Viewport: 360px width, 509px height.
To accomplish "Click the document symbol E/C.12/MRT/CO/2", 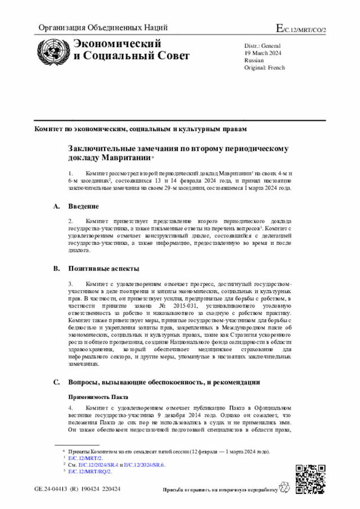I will (301, 28).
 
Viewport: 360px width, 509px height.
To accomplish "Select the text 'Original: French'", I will (264, 67).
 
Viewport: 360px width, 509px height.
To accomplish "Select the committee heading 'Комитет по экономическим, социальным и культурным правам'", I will (140, 129).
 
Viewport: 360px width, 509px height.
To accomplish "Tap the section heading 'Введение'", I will (84, 206).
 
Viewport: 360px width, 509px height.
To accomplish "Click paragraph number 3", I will (70, 285).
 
